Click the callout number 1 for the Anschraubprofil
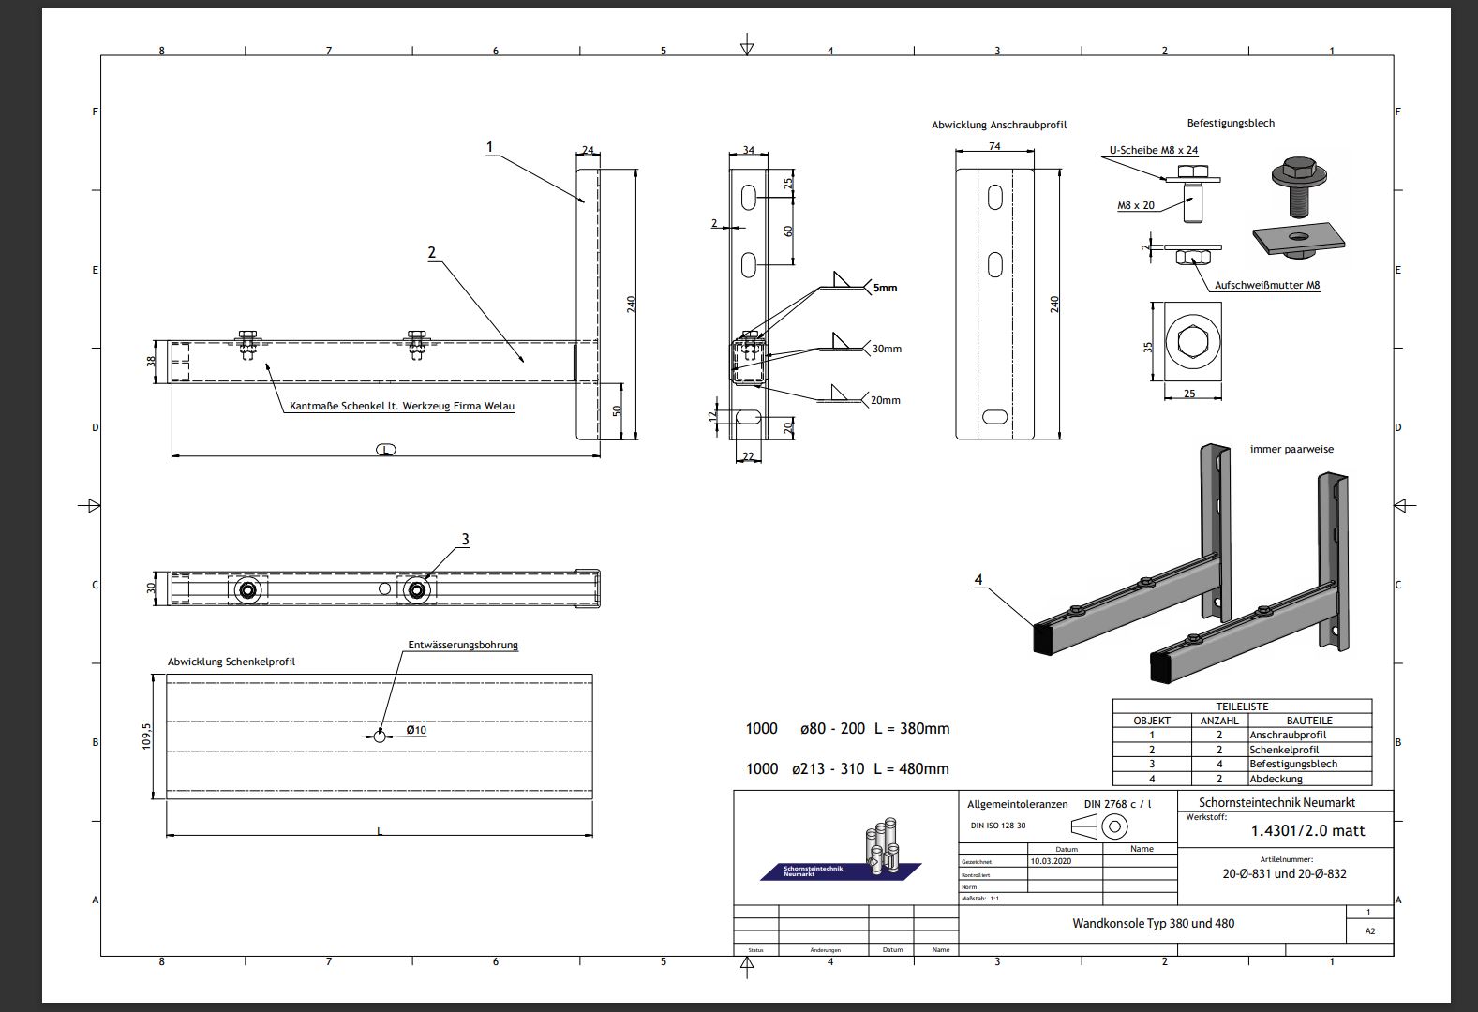[x=489, y=147]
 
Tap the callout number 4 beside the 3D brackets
[x=978, y=580]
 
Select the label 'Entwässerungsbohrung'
[x=462, y=645]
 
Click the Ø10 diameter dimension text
[x=416, y=730]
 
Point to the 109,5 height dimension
[x=146, y=737]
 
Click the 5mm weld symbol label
[x=885, y=288]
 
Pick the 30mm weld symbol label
[x=886, y=349]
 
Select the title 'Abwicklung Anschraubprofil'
[x=998, y=125]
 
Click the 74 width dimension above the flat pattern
[x=994, y=146]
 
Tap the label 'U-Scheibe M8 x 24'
[x=1153, y=150]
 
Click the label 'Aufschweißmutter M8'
[x=1267, y=285]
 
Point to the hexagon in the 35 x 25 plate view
[x=1188, y=343]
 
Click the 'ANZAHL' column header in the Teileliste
[x=1218, y=721]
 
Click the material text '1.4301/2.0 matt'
[x=1307, y=830]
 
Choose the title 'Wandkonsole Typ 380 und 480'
[x=1153, y=923]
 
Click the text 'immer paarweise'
[x=1291, y=449]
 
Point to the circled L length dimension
[x=385, y=450]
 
